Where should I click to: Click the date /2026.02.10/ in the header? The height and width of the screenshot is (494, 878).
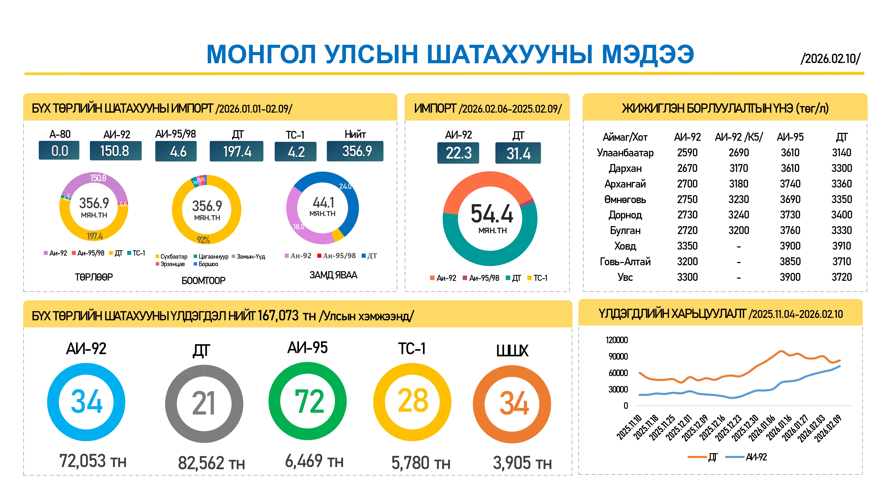point(830,59)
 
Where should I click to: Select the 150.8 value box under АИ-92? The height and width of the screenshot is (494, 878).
point(115,151)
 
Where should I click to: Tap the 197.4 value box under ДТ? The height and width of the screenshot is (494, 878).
point(237,151)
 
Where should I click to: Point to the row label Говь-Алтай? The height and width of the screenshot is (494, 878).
point(625,261)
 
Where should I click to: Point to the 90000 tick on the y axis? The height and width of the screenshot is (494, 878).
point(618,357)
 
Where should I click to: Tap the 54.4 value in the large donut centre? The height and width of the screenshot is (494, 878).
point(491,214)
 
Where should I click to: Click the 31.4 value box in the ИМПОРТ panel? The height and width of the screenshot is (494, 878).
point(518,153)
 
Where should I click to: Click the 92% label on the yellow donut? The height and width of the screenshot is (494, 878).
point(203,240)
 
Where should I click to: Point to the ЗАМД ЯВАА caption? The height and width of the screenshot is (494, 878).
point(333,275)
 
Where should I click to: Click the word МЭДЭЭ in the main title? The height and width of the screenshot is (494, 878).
point(648,54)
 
